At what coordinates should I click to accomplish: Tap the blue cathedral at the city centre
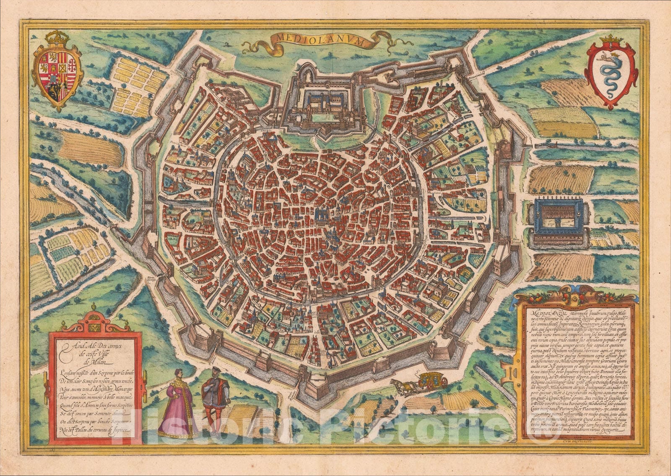coord(322,216)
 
